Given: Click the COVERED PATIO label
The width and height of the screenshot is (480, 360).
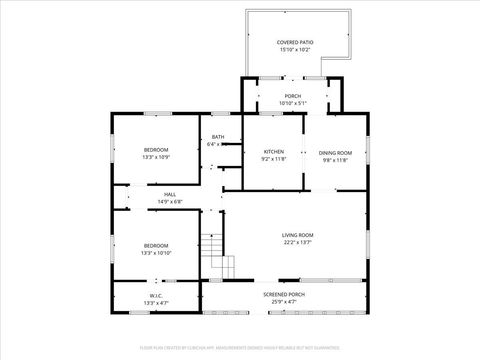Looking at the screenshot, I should (x=295, y=42).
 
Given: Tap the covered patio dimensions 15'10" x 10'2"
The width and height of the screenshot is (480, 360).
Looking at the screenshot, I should (x=295, y=49).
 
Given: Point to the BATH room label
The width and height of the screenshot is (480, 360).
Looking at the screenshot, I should (x=217, y=137).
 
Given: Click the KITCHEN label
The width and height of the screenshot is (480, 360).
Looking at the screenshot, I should (x=273, y=152).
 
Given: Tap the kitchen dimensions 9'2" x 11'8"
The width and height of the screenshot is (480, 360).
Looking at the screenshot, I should (x=273, y=159).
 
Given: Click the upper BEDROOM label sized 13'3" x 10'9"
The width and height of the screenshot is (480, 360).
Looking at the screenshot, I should (x=155, y=150).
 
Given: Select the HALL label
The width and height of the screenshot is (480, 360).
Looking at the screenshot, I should (x=169, y=195).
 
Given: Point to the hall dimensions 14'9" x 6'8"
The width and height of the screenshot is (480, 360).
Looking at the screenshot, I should (x=169, y=202).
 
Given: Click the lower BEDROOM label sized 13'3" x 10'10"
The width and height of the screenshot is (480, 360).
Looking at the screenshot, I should (x=155, y=246).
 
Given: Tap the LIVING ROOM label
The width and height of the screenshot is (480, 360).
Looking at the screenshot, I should (x=297, y=235).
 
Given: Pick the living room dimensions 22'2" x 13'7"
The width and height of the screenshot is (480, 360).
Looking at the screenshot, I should (x=297, y=242).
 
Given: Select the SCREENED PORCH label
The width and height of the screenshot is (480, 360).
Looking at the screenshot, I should (x=284, y=294).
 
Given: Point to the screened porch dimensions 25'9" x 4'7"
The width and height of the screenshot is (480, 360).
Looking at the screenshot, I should (x=284, y=301).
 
